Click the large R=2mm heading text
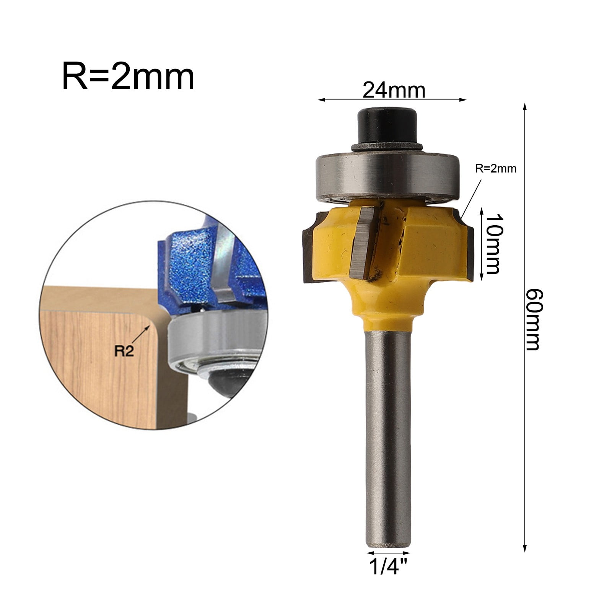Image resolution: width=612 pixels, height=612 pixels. (128, 78)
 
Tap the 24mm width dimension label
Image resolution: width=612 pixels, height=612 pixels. (394, 91)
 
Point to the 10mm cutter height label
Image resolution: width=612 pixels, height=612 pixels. (492, 244)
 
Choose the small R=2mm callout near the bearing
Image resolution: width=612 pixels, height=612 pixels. (496, 169)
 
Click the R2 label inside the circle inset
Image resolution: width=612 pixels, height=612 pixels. (125, 351)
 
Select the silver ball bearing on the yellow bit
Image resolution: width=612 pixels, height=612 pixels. (387, 176)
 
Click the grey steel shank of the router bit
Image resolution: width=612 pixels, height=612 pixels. (388, 440)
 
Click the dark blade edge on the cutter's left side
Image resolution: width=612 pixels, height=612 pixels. (308, 254)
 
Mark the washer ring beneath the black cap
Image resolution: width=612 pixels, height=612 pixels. (387, 147)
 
